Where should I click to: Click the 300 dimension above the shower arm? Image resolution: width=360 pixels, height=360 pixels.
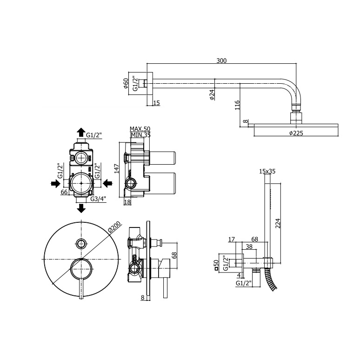[x=221, y=60]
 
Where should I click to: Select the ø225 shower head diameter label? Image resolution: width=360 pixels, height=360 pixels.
[x=296, y=133]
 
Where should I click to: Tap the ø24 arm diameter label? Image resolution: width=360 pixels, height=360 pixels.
[x=212, y=94]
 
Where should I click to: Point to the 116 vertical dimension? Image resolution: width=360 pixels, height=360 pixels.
[x=237, y=105]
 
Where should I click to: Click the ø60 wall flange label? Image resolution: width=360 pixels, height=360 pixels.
[x=126, y=83]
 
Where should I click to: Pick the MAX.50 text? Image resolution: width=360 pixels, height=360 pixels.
[x=140, y=129]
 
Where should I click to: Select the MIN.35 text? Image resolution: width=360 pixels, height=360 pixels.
[x=140, y=135]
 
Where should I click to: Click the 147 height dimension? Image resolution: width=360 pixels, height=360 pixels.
[x=117, y=168]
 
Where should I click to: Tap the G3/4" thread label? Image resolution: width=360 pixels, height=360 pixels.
[x=98, y=199]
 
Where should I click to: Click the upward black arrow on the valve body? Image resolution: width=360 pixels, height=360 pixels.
[x=81, y=133]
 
